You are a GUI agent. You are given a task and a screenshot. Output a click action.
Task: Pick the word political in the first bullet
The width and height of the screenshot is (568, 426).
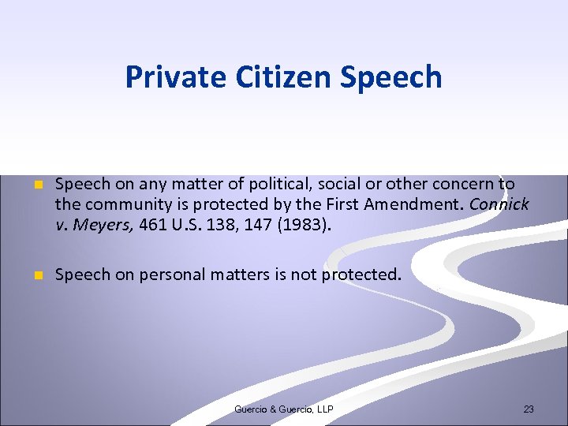pyautogui.click(x=278, y=185)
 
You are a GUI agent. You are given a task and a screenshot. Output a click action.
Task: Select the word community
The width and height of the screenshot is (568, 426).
pyautogui.click(x=125, y=205)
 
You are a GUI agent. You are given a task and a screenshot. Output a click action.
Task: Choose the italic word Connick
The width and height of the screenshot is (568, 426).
pyautogui.click(x=499, y=205)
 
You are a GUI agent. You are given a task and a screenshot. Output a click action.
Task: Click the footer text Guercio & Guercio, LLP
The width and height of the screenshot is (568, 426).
pyautogui.click(x=284, y=409)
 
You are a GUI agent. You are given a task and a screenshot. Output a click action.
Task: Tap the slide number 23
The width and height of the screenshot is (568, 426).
pyautogui.click(x=529, y=409)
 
